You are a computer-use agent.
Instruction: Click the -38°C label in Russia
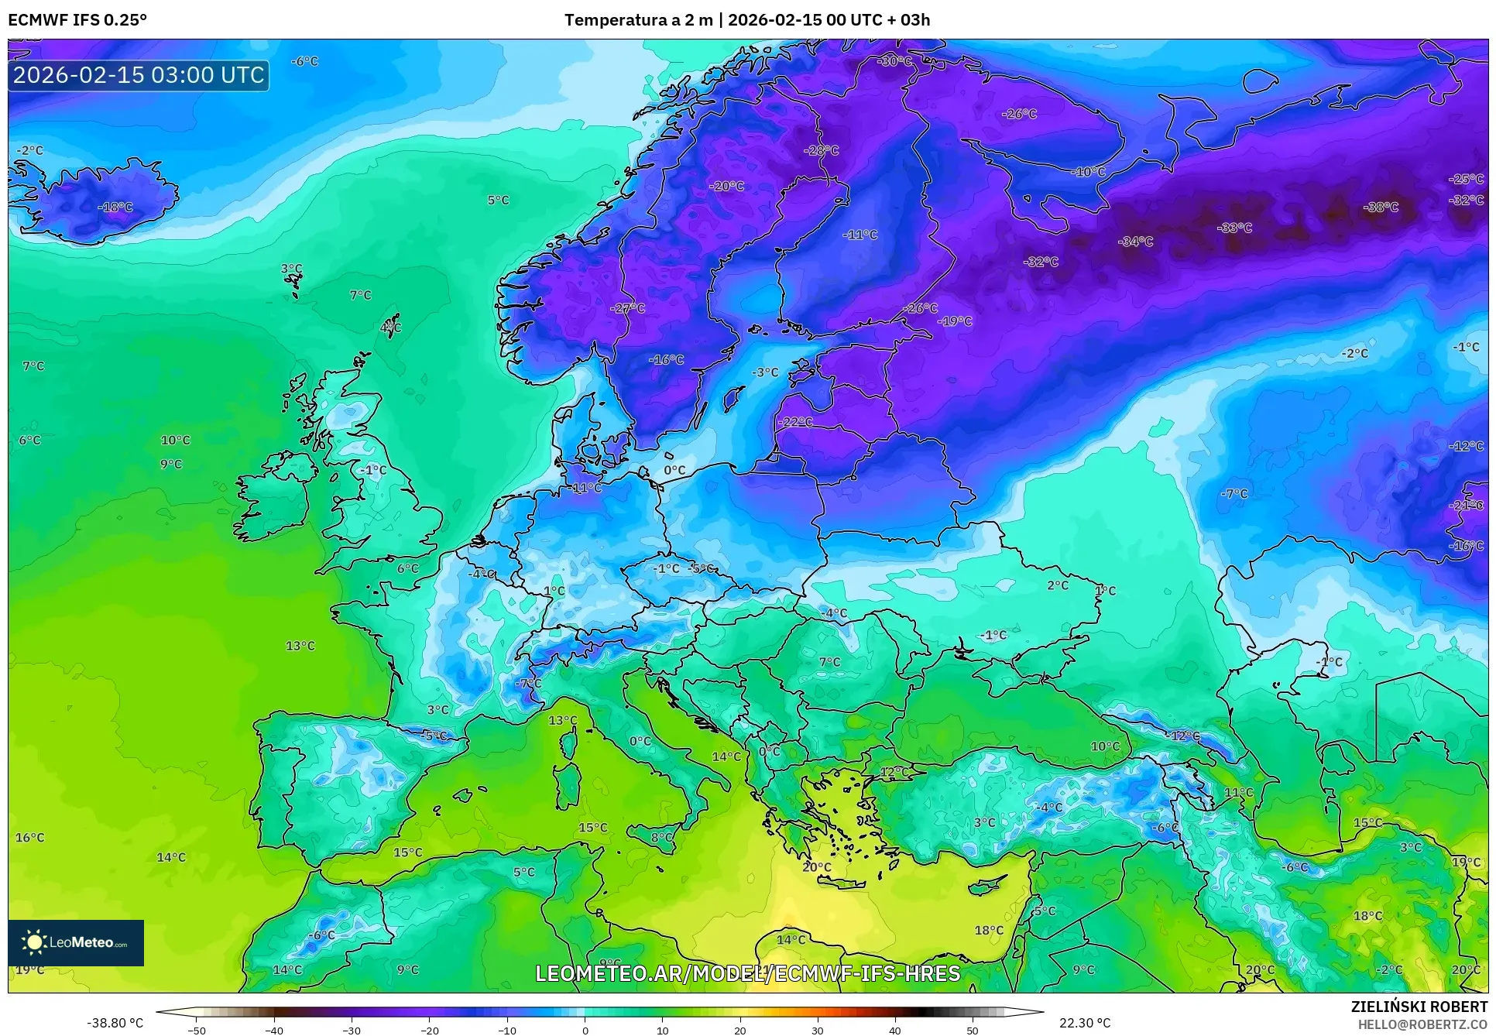(x=1381, y=207)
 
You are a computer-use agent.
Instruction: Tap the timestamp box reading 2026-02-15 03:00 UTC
(x=139, y=75)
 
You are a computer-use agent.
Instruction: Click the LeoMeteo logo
(x=76, y=942)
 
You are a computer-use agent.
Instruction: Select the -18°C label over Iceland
(x=115, y=207)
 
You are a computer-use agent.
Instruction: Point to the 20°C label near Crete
(x=817, y=866)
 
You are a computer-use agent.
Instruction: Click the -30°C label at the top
(x=895, y=60)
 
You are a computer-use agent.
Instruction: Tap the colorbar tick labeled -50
(x=197, y=1030)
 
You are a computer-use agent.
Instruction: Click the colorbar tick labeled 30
(x=818, y=1030)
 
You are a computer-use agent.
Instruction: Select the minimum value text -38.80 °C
(x=115, y=1023)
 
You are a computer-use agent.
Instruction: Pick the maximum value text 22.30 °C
(x=1084, y=1023)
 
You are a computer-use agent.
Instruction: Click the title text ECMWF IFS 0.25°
(x=77, y=20)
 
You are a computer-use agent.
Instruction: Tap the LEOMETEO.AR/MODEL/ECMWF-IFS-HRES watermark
(x=747, y=973)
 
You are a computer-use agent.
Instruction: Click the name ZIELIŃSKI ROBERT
(x=1419, y=1007)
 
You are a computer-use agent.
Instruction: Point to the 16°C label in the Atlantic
(x=30, y=837)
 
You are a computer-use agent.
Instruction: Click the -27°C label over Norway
(x=628, y=307)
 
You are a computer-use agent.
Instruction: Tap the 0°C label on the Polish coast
(x=674, y=470)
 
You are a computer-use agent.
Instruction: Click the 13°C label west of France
(x=300, y=646)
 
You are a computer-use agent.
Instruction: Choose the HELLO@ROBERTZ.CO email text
(x=1422, y=1024)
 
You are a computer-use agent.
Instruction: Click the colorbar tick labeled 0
(x=585, y=1030)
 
